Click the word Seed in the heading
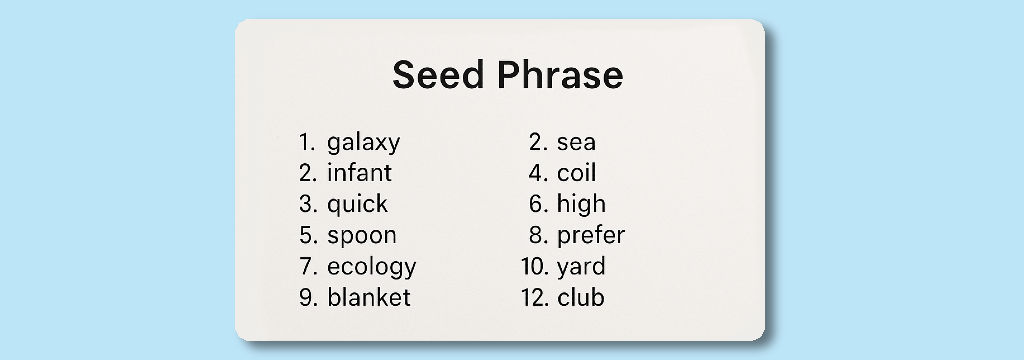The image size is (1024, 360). (x=435, y=76)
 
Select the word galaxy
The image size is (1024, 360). (x=363, y=143)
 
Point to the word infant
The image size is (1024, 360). (x=359, y=173)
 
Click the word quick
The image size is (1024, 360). (x=357, y=204)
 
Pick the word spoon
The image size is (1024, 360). (x=361, y=236)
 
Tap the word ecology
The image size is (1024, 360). (x=371, y=268)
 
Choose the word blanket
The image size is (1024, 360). (x=368, y=297)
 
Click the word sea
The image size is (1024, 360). (x=576, y=143)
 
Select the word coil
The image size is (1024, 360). (x=576, y=173)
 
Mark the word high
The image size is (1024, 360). (x=581, y=204)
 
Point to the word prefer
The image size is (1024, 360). (x=590, y=236)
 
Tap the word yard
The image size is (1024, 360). (x=581, y=268)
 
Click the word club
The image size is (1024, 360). (x=580, y=297)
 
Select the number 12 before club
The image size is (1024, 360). (x=533, y=297)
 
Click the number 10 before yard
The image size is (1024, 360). (x=533, y=267)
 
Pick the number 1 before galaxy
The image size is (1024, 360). (x=306, y=143)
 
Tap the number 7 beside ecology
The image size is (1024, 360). (x=307, y=267)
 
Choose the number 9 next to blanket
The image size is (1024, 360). (x=307, y=297)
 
